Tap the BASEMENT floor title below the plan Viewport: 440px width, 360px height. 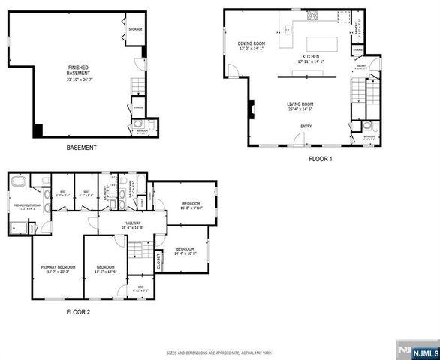(80, 148)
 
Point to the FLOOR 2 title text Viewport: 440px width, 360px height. (78, 311)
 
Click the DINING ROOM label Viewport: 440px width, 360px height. (252, 44)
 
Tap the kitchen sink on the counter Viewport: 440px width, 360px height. (287, 31)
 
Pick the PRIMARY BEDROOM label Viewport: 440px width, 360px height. (58, 267)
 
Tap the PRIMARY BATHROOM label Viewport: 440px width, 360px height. (27, 205)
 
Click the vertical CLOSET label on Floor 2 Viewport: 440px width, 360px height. (159, 260)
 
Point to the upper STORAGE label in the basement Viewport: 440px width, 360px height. (135, 29)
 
